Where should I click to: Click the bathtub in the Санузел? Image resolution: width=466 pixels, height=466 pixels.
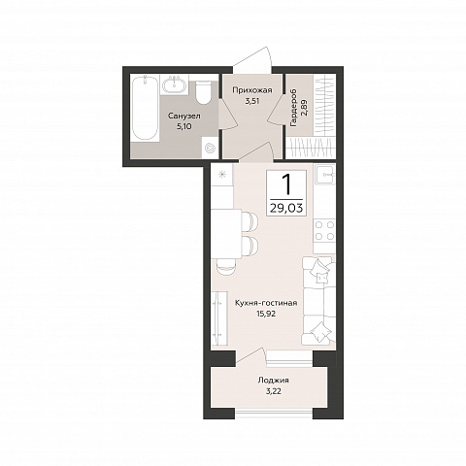145,109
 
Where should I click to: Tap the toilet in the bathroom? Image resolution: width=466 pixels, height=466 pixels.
204,92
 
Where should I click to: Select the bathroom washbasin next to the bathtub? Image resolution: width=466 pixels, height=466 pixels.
175,85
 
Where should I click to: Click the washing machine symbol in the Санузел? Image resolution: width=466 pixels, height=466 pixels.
210,148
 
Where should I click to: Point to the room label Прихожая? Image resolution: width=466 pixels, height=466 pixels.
252,90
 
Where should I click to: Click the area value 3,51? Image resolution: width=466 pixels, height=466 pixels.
252,101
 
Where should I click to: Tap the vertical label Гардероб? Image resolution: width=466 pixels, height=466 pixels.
294,108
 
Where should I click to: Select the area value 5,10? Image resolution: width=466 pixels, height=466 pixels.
183,126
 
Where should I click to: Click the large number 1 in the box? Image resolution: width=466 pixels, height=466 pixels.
285,183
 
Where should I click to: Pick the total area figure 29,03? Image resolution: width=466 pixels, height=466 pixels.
286,208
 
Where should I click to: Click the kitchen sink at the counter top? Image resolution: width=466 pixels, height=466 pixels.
324,175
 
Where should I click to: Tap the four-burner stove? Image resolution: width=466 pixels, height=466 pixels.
324,230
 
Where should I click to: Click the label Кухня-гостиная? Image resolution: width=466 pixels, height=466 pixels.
266,303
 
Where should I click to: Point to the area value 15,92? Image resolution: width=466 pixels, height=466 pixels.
266,314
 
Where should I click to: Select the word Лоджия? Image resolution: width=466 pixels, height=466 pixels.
273,381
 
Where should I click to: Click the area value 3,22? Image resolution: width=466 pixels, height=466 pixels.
273,391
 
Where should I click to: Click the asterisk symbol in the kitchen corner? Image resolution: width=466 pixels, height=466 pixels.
222,175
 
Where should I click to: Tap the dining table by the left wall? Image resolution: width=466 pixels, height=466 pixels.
226,234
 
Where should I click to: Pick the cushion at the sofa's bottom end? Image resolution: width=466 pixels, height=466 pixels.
320,332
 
